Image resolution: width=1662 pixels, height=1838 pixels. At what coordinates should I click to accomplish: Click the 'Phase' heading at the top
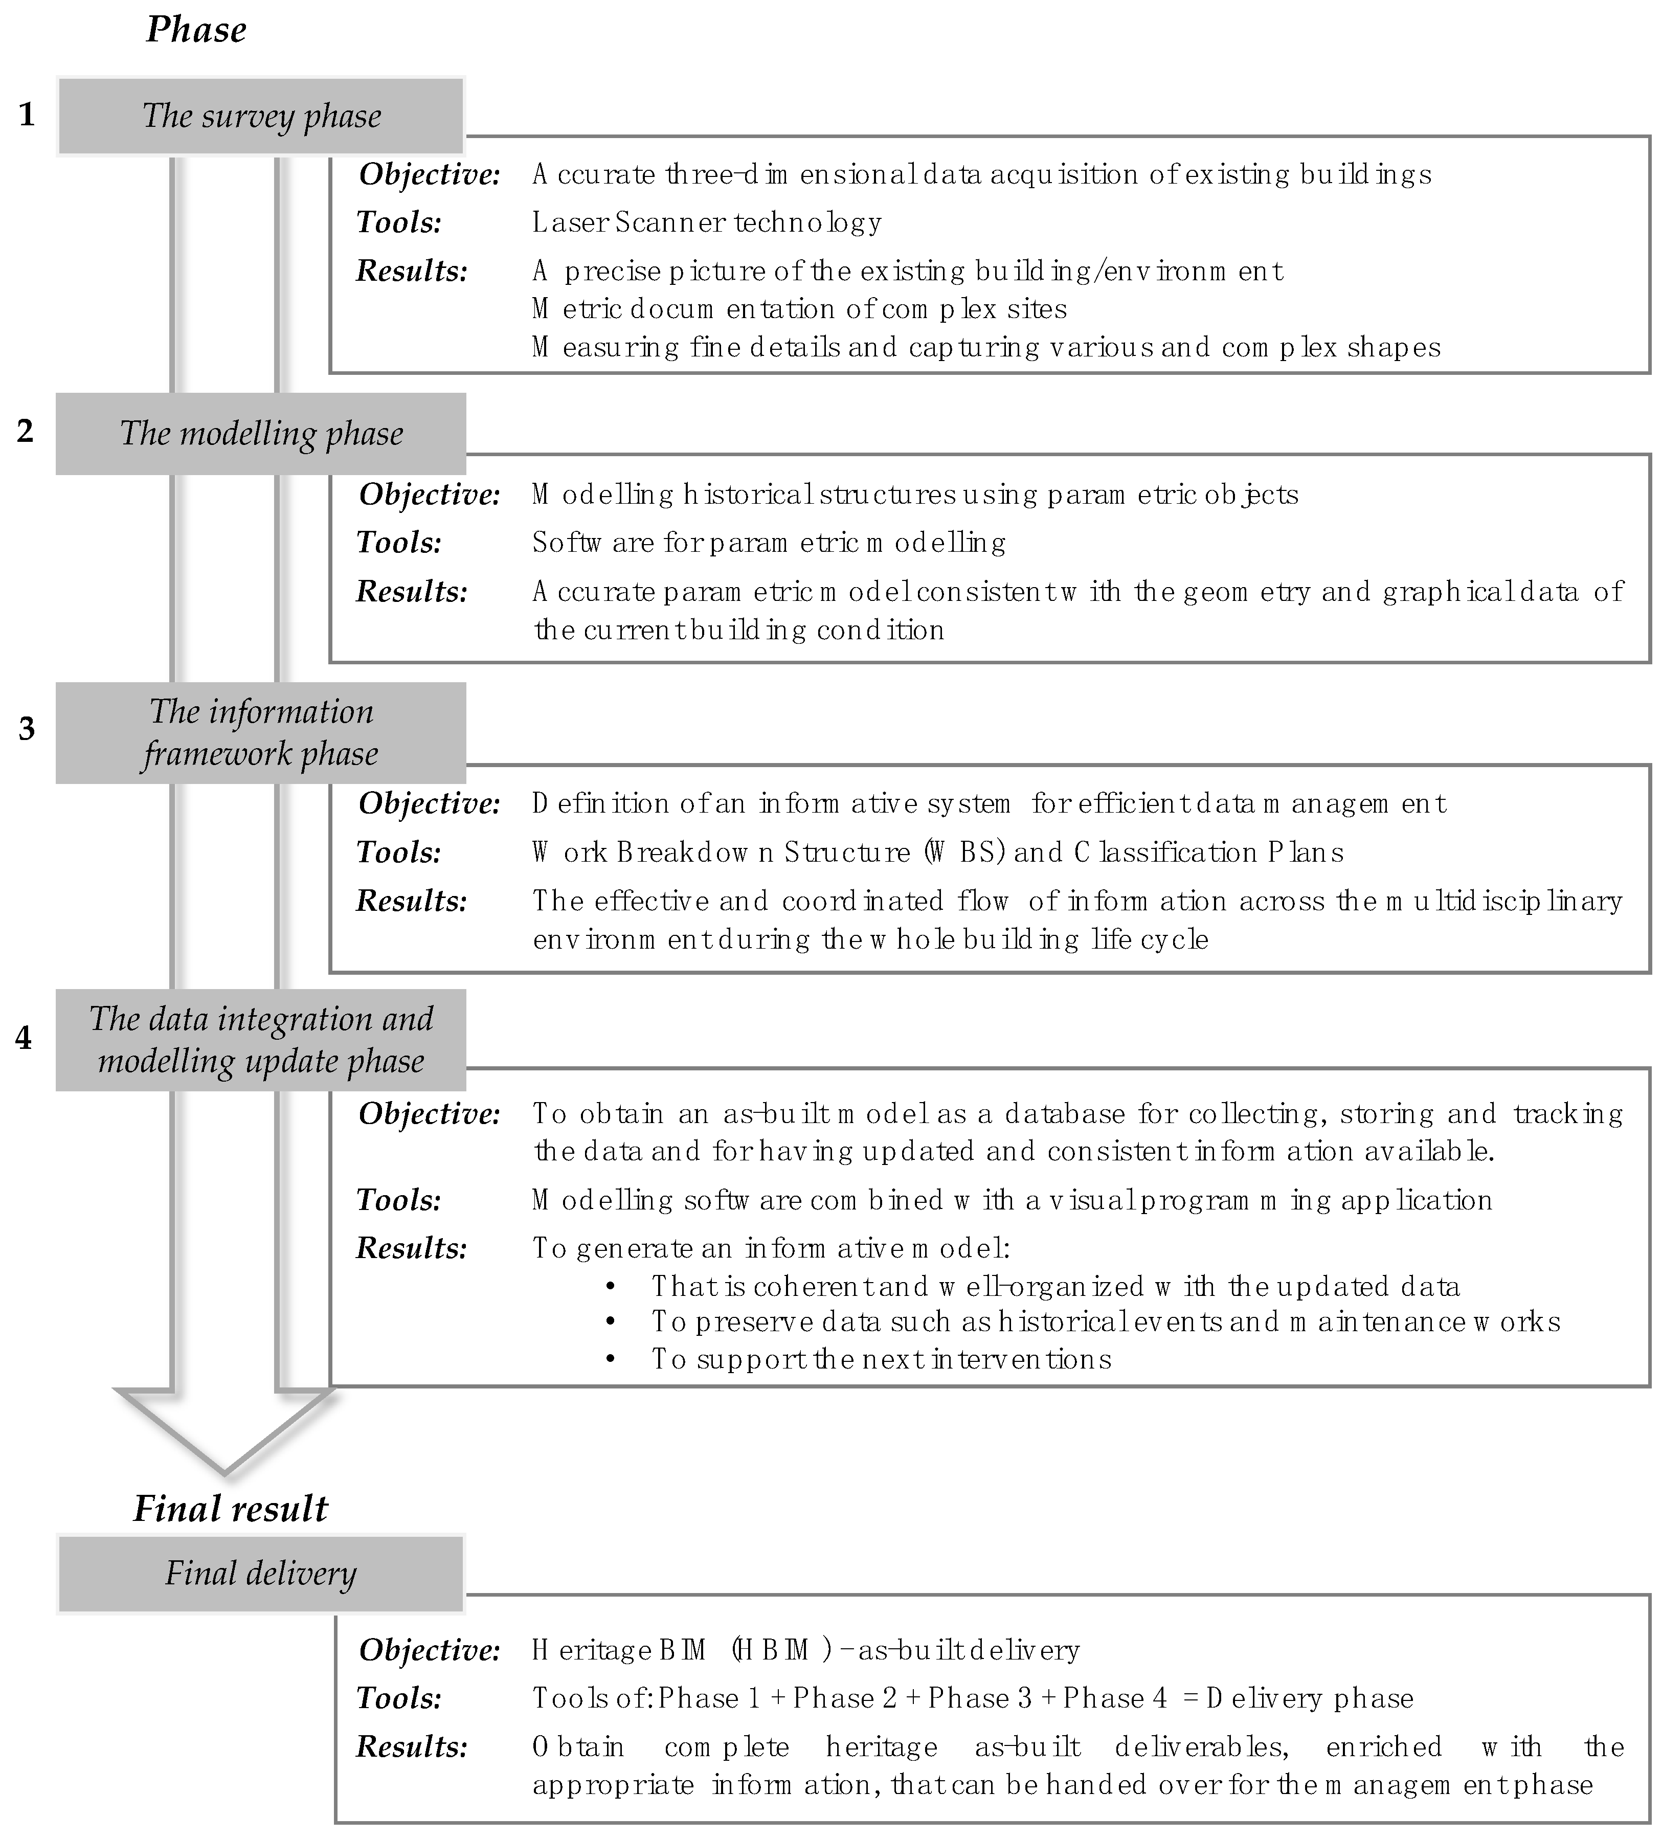pyautogui.click(x=196, y=30)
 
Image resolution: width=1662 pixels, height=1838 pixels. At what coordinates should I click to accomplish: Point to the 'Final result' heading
pyautogui.click(x=230, y=1509)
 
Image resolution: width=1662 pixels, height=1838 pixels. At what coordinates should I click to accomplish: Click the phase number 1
pyautogui.click(x=27, y=115)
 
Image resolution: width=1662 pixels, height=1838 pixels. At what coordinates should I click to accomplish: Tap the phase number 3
pyautogui.click(x=27, y=728)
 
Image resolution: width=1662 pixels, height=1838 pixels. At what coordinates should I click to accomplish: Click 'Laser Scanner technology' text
pyautogui.click(x=707, y=222)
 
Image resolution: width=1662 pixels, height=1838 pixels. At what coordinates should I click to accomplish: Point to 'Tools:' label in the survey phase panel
pyautogui.click(x=399, y=222)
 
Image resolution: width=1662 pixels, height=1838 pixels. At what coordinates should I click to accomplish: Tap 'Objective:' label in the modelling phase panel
pyautogui.click(x=430, y=494)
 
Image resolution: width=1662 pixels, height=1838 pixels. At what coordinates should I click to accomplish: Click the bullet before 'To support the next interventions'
pyautogui.click(x=611, y=1359)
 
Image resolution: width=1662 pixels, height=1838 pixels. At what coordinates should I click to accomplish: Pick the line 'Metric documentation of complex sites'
pyautogui.click(x=799, y=309)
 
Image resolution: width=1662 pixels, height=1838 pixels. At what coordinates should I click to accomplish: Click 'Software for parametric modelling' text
pyautogui.click(x=769, y=543)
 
